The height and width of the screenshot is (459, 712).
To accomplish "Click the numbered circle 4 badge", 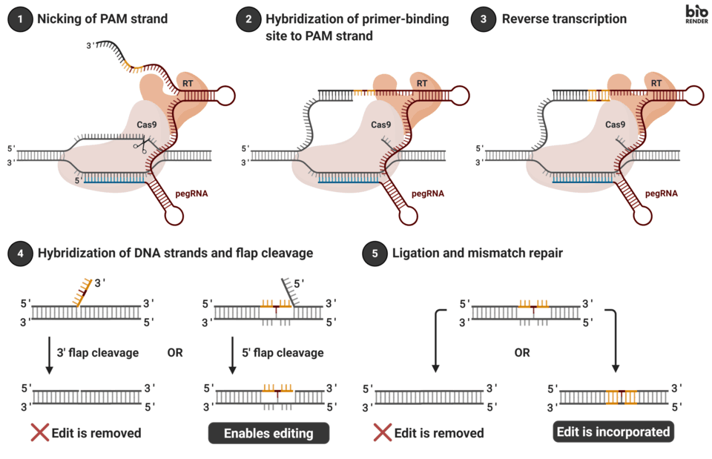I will coord(19,254).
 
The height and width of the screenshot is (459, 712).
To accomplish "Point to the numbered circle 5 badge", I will coord(374,254).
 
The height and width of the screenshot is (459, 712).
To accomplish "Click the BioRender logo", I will coord(696,14).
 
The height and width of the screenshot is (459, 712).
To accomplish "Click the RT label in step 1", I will coord(188,84).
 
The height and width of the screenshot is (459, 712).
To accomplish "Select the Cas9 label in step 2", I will coord(380,125).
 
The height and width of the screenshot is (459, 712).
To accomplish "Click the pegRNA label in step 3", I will coord(661,194).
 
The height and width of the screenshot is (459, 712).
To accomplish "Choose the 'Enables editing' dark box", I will coord(268,433).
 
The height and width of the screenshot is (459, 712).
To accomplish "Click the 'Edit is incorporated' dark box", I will coord(613,432).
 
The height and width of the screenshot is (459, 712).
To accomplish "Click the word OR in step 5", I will coord(522,353).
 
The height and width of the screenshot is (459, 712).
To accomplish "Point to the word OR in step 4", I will coord(174,353).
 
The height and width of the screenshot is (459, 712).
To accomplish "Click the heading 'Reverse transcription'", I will coord(564,19).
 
